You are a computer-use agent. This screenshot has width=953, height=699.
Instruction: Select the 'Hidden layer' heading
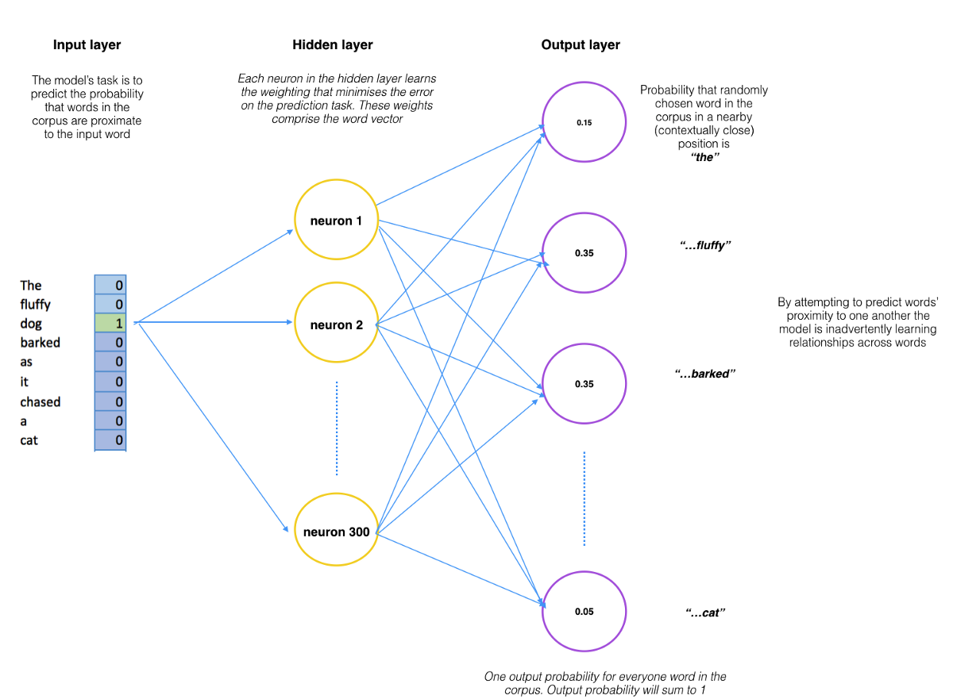point(333,45)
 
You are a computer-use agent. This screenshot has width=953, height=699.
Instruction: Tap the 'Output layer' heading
point(581,45)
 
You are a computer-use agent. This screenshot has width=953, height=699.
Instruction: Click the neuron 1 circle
point(336,221)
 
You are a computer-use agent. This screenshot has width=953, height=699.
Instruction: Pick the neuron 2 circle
point(336,325)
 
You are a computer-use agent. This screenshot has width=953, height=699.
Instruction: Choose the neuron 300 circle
point(336,532)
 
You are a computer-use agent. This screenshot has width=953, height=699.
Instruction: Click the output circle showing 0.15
point(584,123)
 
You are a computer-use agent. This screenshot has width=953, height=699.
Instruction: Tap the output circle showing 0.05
point(584,612)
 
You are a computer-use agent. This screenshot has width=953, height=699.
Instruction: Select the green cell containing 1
point(110,324)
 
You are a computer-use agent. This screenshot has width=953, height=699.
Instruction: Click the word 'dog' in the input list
point(31,324)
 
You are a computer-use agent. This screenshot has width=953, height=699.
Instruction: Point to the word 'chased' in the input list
point(41,401)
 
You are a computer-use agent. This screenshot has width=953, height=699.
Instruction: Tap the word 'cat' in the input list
point(29,440)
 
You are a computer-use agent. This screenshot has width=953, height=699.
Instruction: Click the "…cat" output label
point(705,613)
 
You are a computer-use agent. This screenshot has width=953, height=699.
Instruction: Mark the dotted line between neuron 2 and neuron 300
point(337,428)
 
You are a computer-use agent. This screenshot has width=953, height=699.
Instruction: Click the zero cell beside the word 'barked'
point(110,343)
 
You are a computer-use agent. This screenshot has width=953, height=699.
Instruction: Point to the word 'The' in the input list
point(31,285)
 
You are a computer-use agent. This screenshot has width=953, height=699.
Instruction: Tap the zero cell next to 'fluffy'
point(110,304)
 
